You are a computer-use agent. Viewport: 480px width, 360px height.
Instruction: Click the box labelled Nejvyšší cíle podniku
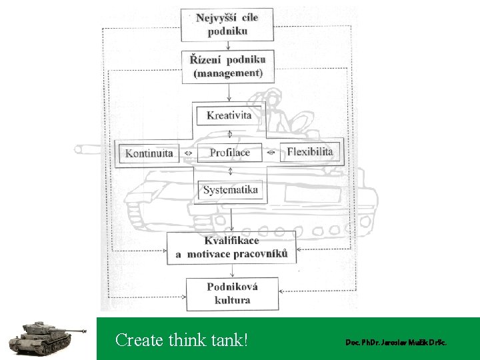pyautogui.click(x=227, y=25)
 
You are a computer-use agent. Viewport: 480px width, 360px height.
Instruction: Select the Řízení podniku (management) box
pyautogui.click(x=228, y=66)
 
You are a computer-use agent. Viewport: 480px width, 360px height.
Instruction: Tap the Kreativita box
pyautogui.click(x=229, y=115)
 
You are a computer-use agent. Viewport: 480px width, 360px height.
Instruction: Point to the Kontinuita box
pyautogui.click(x=149, y=153)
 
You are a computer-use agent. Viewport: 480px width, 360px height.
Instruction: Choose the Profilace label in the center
pyautogui.click(x=229, y=153)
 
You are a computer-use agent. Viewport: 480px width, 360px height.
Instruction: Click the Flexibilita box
pyautogui.click(x=309, y=152)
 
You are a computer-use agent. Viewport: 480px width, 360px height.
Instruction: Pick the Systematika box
pyautogui.click(x=230, y=190)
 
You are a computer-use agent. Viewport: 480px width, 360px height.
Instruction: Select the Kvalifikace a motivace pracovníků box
pyautogui.click(x=231, y=247)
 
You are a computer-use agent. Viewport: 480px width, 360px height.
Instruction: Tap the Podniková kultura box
pyautogui.click(x=232, y=293)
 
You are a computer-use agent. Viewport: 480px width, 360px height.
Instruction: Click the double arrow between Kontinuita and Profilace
pyautogui.click(x=187, y=153)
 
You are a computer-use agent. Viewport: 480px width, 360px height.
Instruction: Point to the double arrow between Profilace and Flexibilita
pyautogui.click(x=270, y=153)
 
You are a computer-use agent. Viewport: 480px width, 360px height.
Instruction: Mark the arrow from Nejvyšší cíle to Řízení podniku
pyautogui.click(x=228, y=45)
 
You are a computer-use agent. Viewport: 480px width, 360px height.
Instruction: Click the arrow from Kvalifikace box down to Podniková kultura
pyautogui.click(x=231, y=271)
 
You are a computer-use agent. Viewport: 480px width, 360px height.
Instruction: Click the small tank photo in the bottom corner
pyautogui.click(x=45, y=337)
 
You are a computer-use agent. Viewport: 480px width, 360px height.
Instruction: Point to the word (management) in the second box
pyautogui.click(x=228, y=73)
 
